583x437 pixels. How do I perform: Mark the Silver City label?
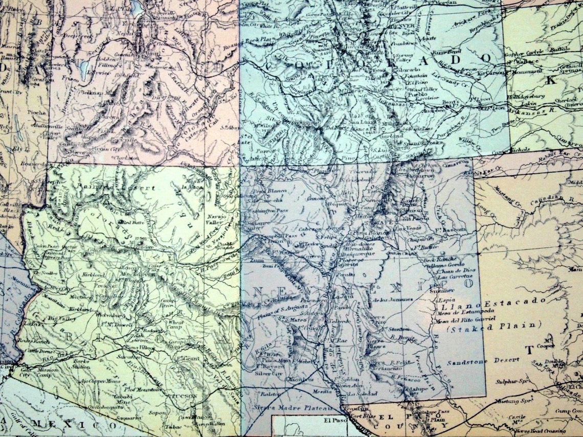tap(270, 373)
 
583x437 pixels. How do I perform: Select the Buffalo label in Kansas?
tap(560, 50)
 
